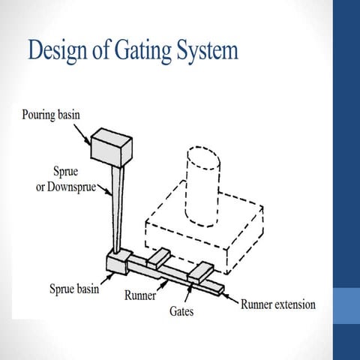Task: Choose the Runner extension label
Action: pyautogui.click(x=277, y=304)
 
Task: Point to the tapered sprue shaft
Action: pyautogui.click(x=116, y=210)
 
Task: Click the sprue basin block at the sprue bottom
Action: pyautogui.click(x=118, y=263)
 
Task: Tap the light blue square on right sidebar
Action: pyautogui.click(x=346, y=307)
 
